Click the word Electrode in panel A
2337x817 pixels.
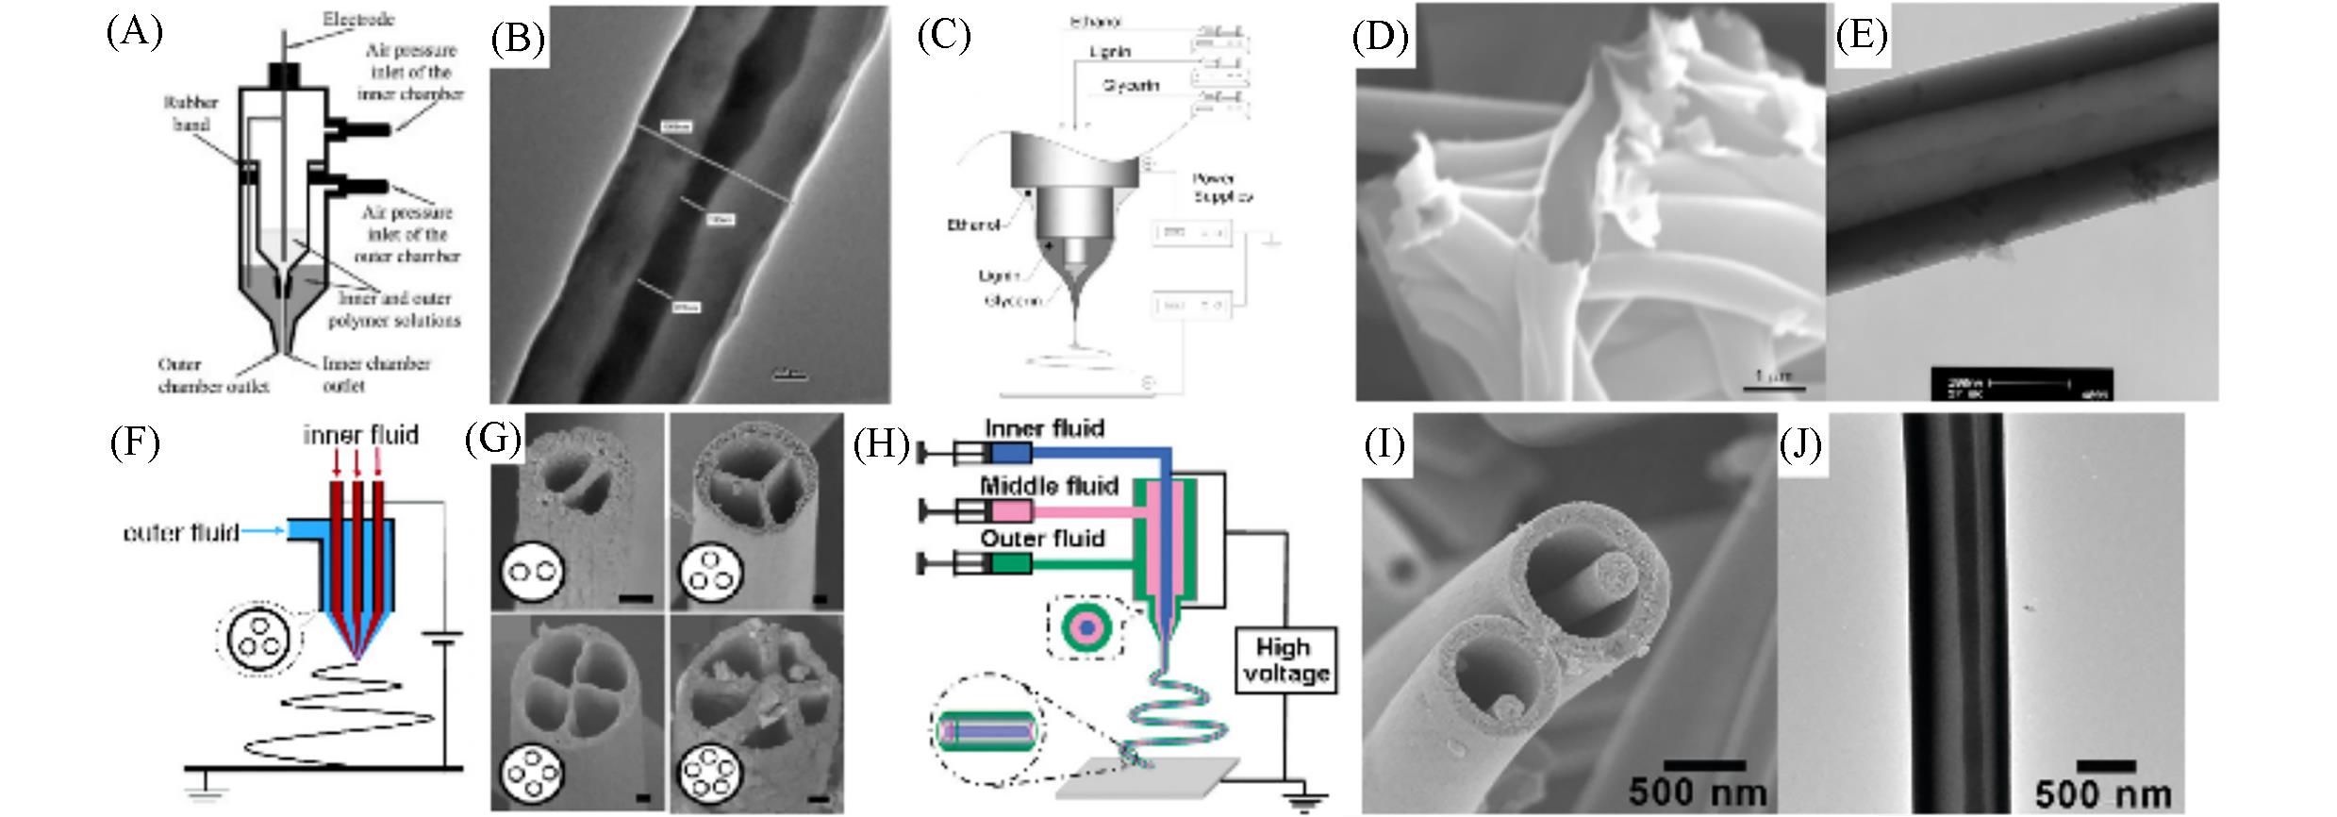pyautogui.click(x=358, y=19)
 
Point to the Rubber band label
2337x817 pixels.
pyautogui.click(x=191, y=113)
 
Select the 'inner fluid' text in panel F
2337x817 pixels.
pyautogui.click(x=360, y=435)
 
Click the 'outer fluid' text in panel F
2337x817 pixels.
pyautogui.click(x=181, y=533)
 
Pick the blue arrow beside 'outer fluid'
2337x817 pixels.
pyautogui.click(x=263, y=532)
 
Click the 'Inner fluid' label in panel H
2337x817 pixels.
pyautogui.click(x=1044, y=429)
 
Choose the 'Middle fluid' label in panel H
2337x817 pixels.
pyautogui.click(x=1049, y=487)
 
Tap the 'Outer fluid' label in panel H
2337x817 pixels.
pyautogui.click(x=1042, y=539)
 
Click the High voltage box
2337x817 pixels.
pyautogui.click(x=1286, y=660)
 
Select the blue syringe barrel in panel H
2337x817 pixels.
pyautogui.click(x=1010, y=454)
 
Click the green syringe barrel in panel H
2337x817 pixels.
pyautogui.click(x=1010, y=564)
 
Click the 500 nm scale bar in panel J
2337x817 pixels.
pyautogui.click(x=2105, y=766)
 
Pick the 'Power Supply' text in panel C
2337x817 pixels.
pyautogui.click(x=1223, y=187)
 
